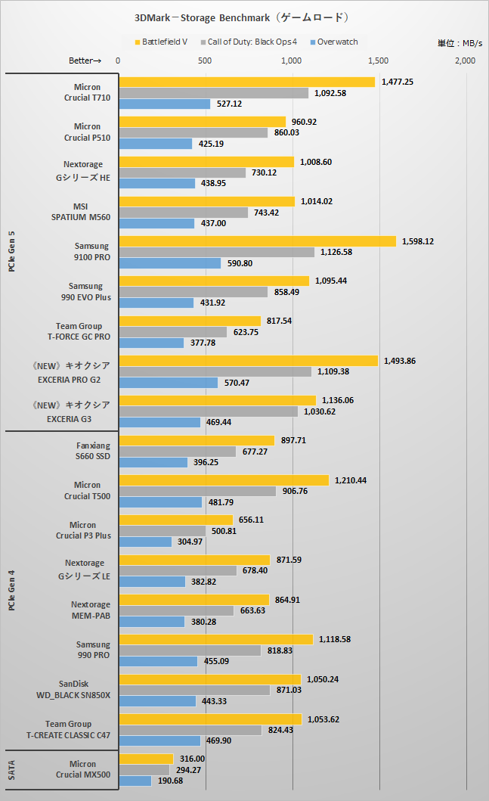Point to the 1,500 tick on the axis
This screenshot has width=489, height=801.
click(379, 60)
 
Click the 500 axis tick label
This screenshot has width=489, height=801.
click(204, 60)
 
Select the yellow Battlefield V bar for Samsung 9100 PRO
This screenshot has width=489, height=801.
click(257, 241)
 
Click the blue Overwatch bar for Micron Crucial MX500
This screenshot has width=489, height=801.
click(135, 781)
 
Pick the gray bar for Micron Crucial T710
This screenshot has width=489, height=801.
click(213, 93)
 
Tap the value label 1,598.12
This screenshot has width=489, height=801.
click(418, 241)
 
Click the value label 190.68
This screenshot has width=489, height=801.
click(170, 781)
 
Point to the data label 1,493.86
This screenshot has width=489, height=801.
click(400, 361)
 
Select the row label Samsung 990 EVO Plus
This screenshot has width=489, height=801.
click(89, 291)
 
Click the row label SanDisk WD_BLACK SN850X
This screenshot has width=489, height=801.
click(74, 690)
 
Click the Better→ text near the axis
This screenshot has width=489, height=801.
click(84, 60)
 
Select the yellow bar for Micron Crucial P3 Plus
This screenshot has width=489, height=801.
click(175, 520)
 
